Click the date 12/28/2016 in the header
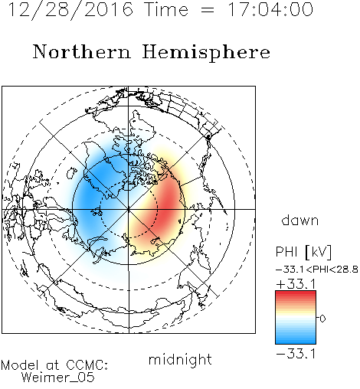click(x=70, y=10)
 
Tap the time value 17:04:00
click(x=270, y=9)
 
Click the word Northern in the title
click(x=82, y=51)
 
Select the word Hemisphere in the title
click(x=206, y=53)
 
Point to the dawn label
click(x=300, y=220)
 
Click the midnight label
click(x=180, y=359)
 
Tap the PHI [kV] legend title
click(x=303, y=252)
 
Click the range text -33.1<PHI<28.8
click(x=317, y=270)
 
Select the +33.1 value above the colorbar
click(x=296, y=284)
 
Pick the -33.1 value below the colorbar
click(x=296, y=354)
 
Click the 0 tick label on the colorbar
click(x=322, y=319)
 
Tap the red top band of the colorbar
click(x=296, y=295)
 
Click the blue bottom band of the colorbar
click(x=296, y=340)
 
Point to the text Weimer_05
click(x=58, y=377)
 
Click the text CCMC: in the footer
click(x=87, y=365)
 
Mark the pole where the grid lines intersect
click(x=129, y=209)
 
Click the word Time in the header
click(x=166, y=9)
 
